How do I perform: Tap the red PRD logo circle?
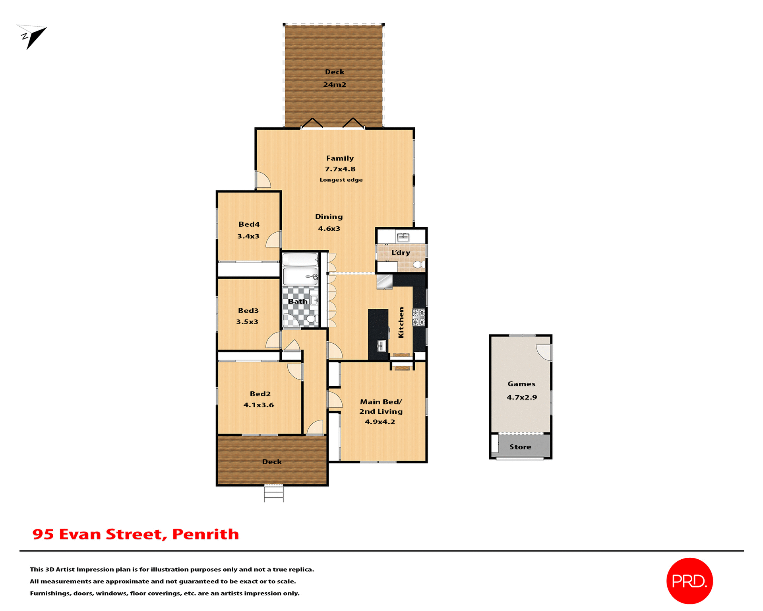(689, 581)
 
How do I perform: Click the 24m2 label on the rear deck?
(335, 85)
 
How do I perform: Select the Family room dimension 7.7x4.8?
(340, 169)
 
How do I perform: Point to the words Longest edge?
(341, 180)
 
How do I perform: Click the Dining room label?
(329, 217)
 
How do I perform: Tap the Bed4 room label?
(249, 224)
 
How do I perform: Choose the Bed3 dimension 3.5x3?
(247, 322)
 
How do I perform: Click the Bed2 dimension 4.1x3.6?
(258, 405)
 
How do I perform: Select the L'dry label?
(400, 253)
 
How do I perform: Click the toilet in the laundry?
(418, 265)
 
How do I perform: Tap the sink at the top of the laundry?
(403, 237)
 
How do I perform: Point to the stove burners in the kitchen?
(418, 317)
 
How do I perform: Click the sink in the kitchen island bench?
(381, 346)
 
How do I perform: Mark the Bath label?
(298, 302)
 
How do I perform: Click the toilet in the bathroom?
(311, 319)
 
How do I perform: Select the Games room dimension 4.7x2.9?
(521, 397)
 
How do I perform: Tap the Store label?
(520, 447)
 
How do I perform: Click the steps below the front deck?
(274, 494)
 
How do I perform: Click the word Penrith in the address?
(205, 534)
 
